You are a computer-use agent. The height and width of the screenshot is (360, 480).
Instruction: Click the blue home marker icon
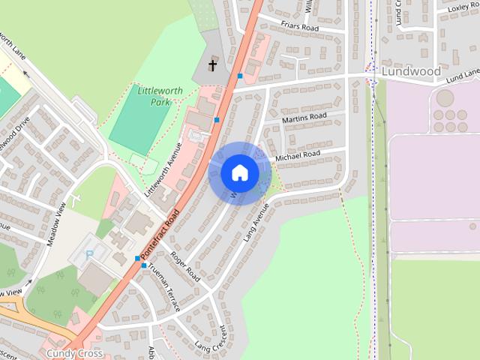click(240, 172)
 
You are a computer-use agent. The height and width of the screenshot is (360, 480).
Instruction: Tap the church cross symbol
click(212, 66)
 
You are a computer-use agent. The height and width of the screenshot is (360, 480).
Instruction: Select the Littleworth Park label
click(154, 96)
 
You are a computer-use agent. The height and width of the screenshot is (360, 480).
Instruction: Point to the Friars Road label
click(299, 27)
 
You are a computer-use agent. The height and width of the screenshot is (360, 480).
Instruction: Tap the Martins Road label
click(304, 118)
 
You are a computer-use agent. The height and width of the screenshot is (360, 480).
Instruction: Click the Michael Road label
click(298, 155)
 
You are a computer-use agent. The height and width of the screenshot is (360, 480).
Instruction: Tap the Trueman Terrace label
click(163, 287)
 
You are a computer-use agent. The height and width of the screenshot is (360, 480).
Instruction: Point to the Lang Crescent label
click(210, 337)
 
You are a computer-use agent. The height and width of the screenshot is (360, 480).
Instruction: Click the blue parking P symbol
click(91, 255)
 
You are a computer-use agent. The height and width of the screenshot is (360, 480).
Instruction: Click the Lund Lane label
click(462, 76)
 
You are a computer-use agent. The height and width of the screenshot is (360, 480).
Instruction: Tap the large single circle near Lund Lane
click(445, 98)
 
